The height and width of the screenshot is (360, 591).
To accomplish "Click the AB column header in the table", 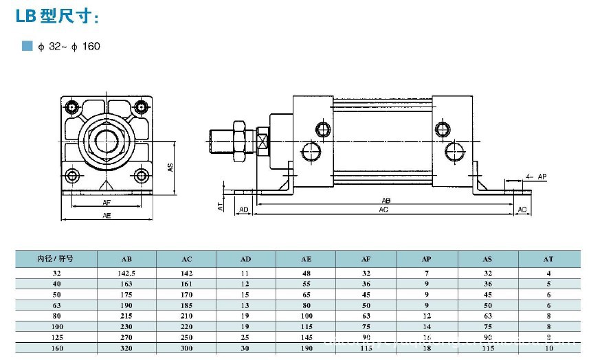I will [x=126, y=259].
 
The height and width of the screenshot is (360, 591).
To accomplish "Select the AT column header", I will [x=548, y=259].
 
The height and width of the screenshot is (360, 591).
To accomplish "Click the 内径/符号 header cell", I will [x=55, y=259].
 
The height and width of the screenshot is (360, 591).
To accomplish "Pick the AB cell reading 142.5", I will [x=126, y=273].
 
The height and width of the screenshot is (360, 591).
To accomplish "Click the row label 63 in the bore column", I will [x=55, y=305].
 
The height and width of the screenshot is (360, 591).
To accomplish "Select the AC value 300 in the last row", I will [x=186, y=348].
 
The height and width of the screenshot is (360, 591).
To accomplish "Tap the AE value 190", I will [x=306, y=348].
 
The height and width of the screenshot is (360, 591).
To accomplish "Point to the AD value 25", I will [x=246, y=337].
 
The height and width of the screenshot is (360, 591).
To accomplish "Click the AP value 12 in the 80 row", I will [x=427, y=316].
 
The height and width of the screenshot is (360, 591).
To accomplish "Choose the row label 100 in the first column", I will [x=55, y=326].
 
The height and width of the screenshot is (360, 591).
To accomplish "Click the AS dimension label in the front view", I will [x=170, y=166].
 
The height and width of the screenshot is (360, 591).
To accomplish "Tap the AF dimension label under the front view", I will [x=107, y=203].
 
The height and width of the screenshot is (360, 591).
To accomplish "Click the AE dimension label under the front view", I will [x=107, y=215].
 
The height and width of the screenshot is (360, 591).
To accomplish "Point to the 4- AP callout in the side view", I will [x=536, y=177].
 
